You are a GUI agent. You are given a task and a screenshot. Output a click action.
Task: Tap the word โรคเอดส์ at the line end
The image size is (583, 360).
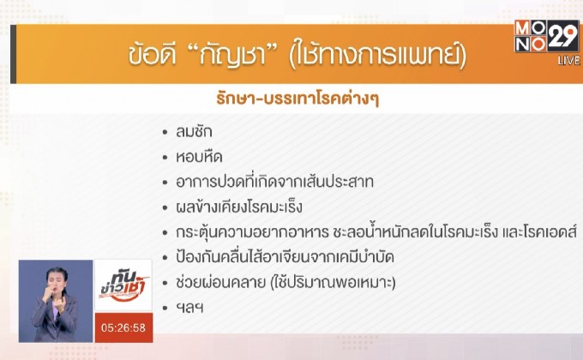547,231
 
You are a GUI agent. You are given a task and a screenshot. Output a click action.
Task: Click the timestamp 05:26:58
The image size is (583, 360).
123,327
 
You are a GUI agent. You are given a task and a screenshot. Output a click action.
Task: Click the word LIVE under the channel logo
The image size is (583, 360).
568,61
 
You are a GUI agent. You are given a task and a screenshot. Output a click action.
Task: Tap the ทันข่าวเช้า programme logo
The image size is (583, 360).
123,283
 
